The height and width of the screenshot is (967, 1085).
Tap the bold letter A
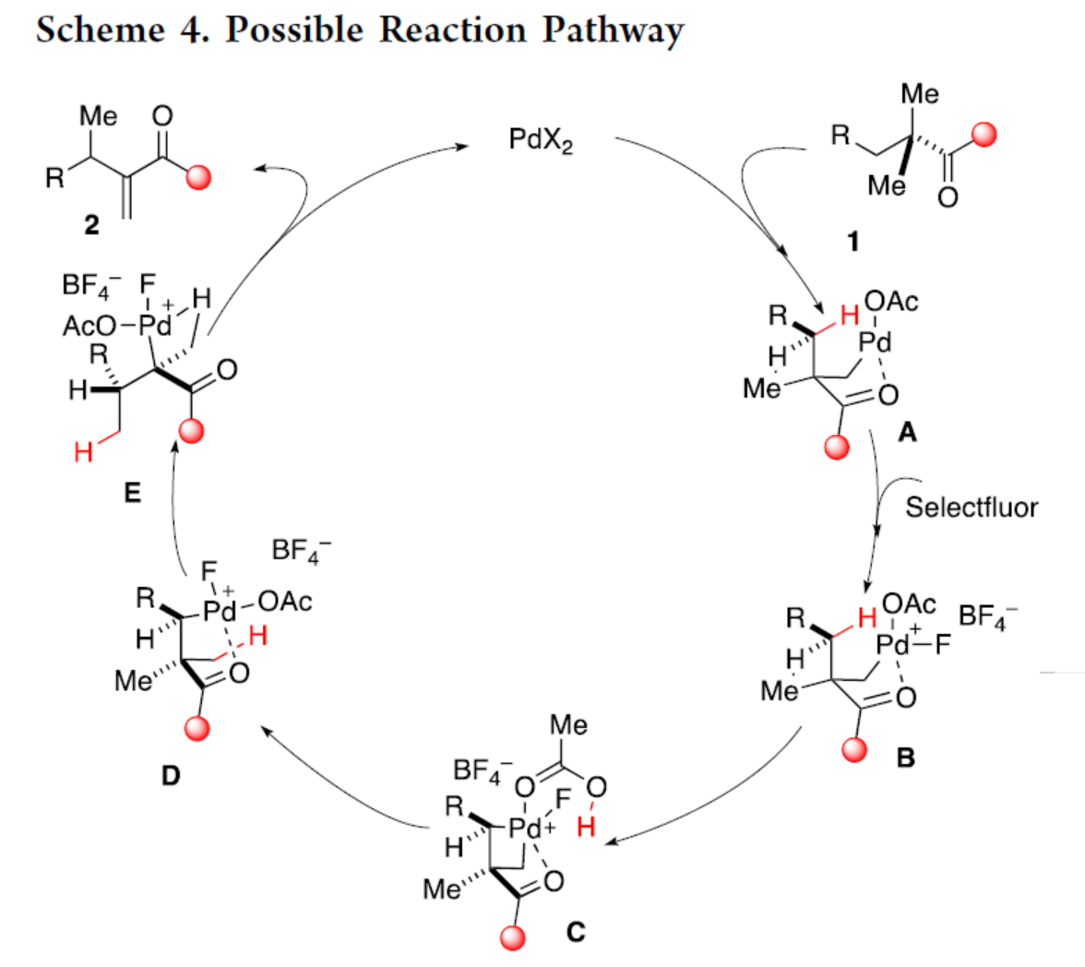click(907, 430)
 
